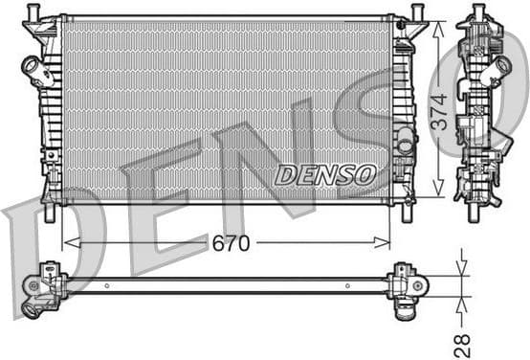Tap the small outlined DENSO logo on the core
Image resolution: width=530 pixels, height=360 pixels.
pos(325,174)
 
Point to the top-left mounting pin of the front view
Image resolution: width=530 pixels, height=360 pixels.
pos(33,12)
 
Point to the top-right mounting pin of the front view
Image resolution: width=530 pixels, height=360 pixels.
pos(417,12)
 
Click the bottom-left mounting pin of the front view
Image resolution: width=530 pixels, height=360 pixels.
pos(49,213)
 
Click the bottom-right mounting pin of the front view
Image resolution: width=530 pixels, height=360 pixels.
pos(407,213)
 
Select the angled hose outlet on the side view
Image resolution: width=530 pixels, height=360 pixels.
pos(499,69)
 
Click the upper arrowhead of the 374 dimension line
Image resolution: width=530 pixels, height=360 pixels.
pos(438,25)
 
